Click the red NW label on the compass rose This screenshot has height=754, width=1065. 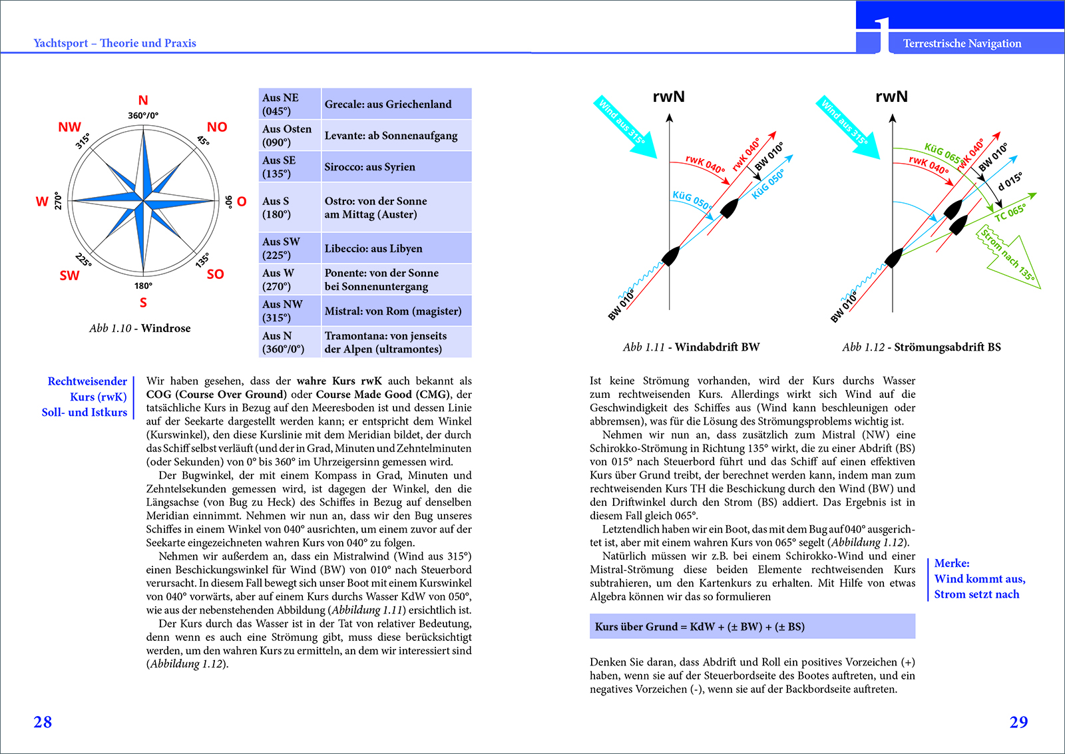click(x=69, y=127)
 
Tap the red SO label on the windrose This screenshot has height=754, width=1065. click(x=215, y=274)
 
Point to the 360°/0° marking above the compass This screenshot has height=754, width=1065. click(x=143, y=116)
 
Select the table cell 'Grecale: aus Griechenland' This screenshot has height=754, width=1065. click(x=396, y=104)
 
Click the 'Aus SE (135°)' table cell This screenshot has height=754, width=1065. click(x=290, y=167)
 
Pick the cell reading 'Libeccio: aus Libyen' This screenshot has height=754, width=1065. click(x=396, y=248)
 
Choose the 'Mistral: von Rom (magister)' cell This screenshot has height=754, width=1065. click(x=396, y=311)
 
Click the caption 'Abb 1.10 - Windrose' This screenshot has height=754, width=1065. click(x=140, y=328)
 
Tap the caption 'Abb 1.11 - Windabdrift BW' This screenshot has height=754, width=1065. click(x=691, y=347)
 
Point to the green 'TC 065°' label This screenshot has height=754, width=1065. click(x=1010, y=212)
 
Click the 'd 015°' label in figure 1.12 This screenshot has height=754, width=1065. click(x=1010, y=182)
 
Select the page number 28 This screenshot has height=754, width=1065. click(x=43, y=722)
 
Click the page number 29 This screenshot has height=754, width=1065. click(x=1018, y=722)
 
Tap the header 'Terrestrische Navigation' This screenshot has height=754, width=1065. click(x=962, y=44)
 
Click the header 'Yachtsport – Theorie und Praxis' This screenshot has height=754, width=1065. click(x=114, y=43)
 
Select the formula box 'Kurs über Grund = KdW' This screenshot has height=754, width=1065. click(x=752, y=626)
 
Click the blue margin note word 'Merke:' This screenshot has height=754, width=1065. click(x=952, y=563)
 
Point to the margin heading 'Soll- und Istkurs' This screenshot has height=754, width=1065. click(x=84, y=412)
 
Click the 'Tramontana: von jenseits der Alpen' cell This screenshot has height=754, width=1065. click(x=396, y=342)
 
